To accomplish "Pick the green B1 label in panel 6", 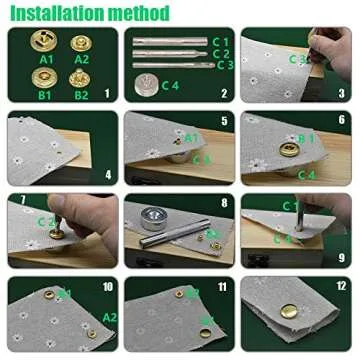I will (308, 137).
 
